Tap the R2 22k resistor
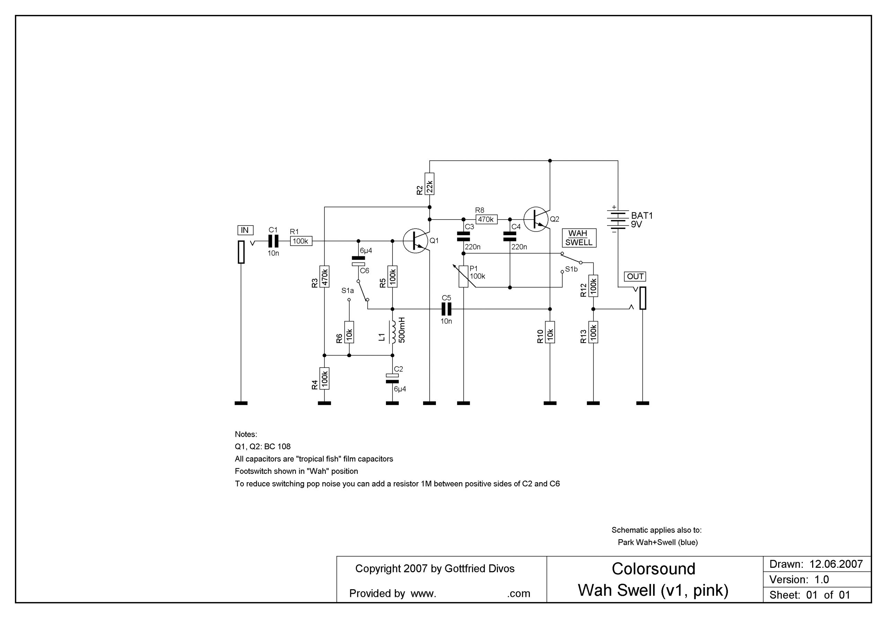pyautogui.click(x=429, y=184)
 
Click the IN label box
pyautogui.click(x=245, y=231)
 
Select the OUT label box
pyautogui.click(x=635, y=276)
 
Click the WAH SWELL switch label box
pyautogui.click(x=578, y=238)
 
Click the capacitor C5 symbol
pyautogui.click(x=447, y=309)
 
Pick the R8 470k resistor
pyautogui.click(x=486, y=219)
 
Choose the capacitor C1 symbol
pyautogui.click(x=273, y=241)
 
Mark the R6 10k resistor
pyautogui.click(x=349, y=332)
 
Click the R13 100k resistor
pyautogui.click(x=594, y=332)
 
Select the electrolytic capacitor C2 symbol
pyautogui.click(x=393, y=379)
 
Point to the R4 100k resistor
pyautogui.click(x=325, y=379)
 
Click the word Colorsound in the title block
pyautogui.click(x=653, y=569)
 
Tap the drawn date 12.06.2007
pyautogui.click(x=836, y=564)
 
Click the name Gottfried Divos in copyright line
pyautogui.click(x=480, y=568)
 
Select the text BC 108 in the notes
pyautogui.click(x=278, y=447)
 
